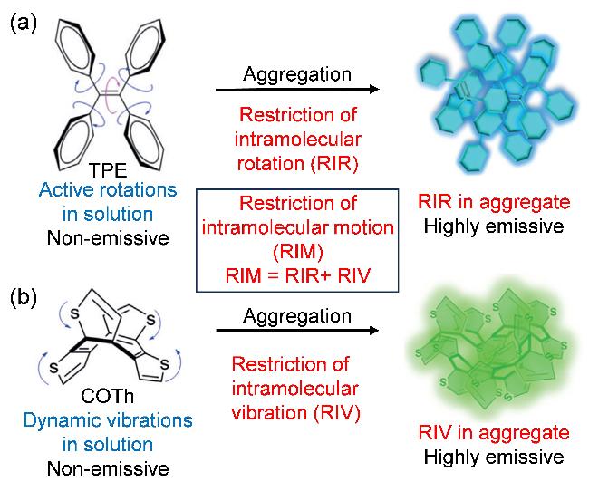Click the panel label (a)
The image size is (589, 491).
pyautogui.click(x=24, y=24)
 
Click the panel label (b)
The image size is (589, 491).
pyautogui.click(x=24, y=298)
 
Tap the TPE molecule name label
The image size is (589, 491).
pyautogui.click(x=108, y=170)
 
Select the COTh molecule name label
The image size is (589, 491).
pyautogui.click(x=108, y=396)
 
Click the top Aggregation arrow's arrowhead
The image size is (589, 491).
pyautogui.click(x=375, y=90)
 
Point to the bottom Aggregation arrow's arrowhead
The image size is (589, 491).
pyautogui.click(x=374, y=331)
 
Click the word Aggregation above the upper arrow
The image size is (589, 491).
pyautogui.click(x=297, y=74)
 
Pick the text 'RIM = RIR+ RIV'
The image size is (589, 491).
pyautogui.click(x=298, y=275)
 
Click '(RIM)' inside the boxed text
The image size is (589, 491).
pyautogui.click(x=298, y=252)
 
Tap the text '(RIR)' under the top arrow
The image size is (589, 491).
pyautogui.click(x=334, y=164)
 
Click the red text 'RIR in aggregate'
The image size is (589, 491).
pyautogui.click(x=494, y=203)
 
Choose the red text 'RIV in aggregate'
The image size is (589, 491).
pyautogui.click(x=494, y=433)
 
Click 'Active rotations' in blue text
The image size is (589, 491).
pyautogui.click(x=108, y=190)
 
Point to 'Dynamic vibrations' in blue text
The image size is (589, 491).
pyautogui.click(x=108, y=420)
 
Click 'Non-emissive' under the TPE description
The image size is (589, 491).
pyautogui.click(x=108, y=238)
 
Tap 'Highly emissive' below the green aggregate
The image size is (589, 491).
pyautogui.click(x=494, y=457)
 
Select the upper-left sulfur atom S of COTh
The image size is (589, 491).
pyautogui.click(x=75, y=313)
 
